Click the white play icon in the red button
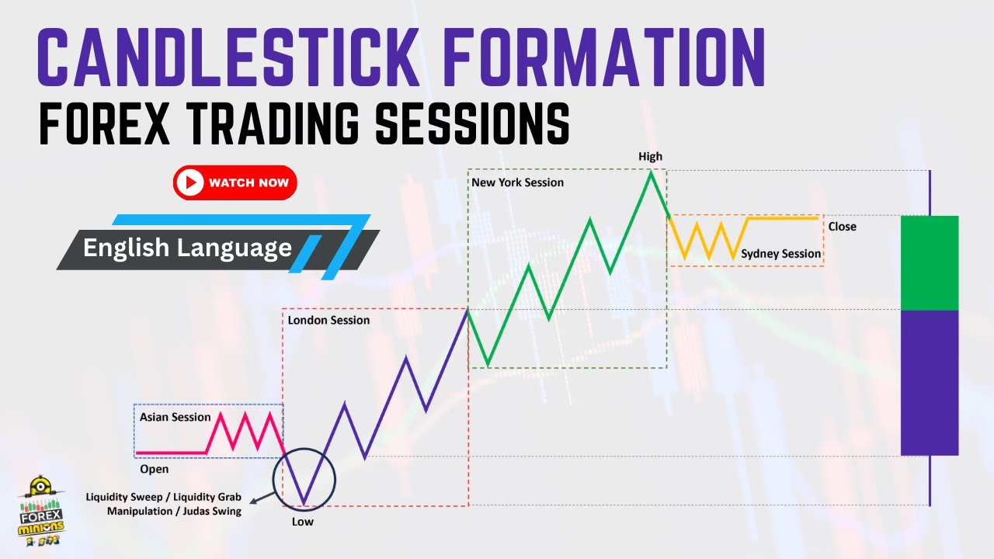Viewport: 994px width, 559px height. (x=189, y=183)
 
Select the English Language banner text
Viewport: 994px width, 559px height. (x=187, y=248)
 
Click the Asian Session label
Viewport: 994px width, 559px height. (x=175, y=417)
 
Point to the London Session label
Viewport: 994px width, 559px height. (x=328, y=320)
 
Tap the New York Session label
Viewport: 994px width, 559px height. (x=517, y=182)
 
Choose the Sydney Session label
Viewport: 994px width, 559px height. (x=780, y=254)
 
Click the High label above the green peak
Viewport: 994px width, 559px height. (x=650, y=157)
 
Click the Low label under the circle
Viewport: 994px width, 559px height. (x=302, y=522)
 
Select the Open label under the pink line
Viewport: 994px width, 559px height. (x=154, y=469)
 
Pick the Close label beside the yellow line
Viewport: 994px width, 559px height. (x=842, y=227)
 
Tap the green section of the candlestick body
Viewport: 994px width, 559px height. (x=930, y=262)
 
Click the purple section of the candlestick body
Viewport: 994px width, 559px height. (x=930, y=382)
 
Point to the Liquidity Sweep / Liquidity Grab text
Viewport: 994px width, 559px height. (x=165, y=496)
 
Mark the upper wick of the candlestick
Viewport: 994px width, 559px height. (x=930, y=193)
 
